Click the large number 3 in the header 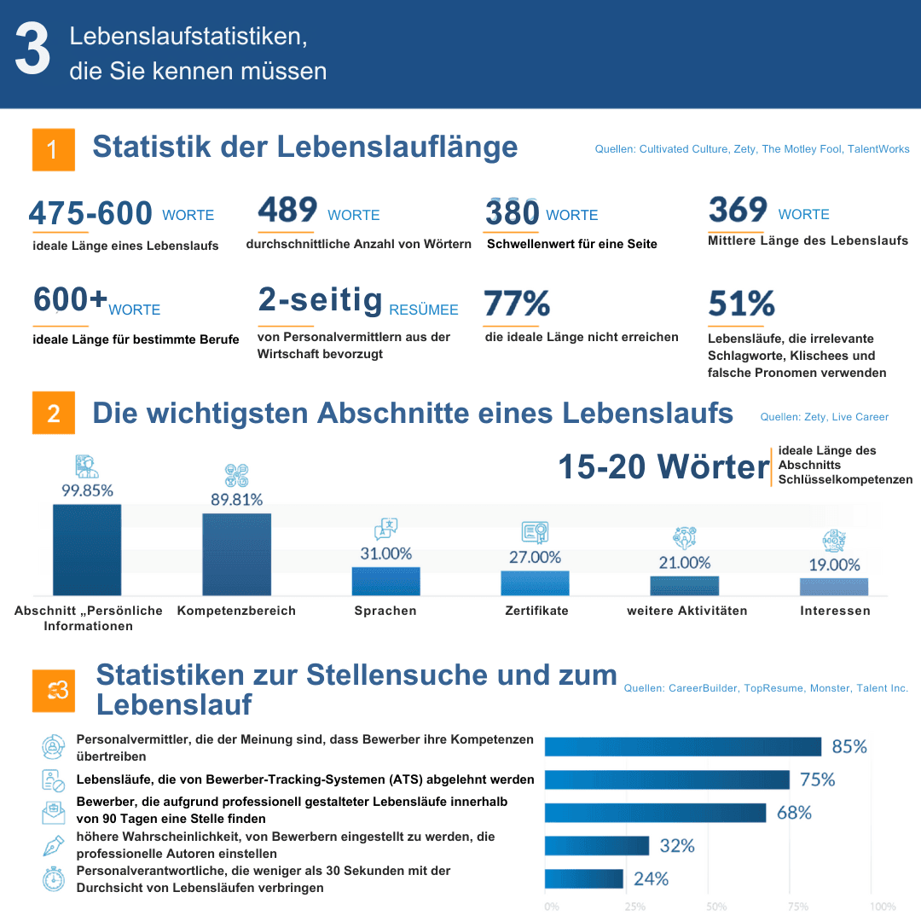point(33,52)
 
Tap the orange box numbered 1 point(54,149)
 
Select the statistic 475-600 point(90,213)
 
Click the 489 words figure point(287,211)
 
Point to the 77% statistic point(517,304)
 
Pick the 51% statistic point(741,304)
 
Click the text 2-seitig point(321,300)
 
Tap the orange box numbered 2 point(54,414)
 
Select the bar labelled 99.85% point(87,549)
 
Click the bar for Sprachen point(385,581)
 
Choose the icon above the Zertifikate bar point(536,532)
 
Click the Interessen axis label point(835,611)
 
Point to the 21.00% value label point(685,563)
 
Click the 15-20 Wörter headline point(663,467)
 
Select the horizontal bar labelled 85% point(682,747)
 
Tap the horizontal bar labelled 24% point(584,878)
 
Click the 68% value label point(794,813)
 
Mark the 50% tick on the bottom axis point(716,907)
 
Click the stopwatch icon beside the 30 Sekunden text point(54,879)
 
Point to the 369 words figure point(738,210)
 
